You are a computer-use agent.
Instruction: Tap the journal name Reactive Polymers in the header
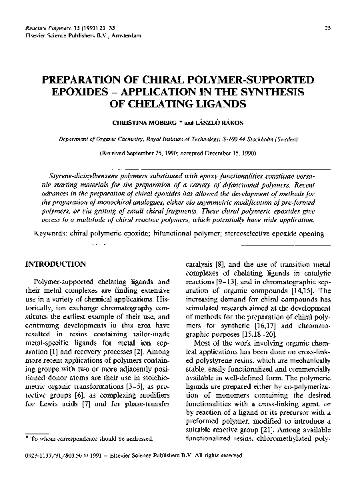45,27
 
